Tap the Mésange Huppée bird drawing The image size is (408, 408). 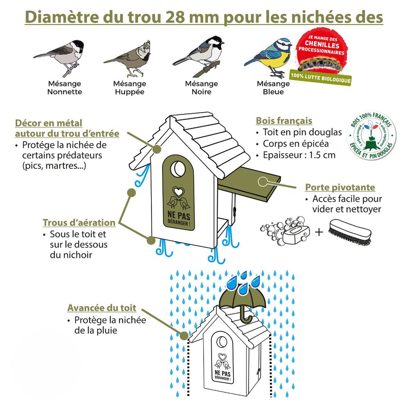click(x=128, y=59)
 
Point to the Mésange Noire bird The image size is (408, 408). click(x=199, y=56)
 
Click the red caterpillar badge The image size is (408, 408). click(x=322, y=51)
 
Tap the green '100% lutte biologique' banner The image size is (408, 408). click(x=321, y=77)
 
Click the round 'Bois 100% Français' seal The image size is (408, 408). click(x=371, y=135)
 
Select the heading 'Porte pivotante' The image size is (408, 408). click(x=340, y=187)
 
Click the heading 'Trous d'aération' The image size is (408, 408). click(x=79, y=223)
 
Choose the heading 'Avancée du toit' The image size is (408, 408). click(x=102, y=308)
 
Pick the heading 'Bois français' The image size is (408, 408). click(x=284, y=121)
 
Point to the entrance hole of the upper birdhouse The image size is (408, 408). click(x=178, y=169)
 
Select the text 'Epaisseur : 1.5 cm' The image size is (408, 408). click(x=299, y=155)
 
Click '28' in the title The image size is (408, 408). click(x=175, y=17)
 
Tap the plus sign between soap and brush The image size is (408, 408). click(x=319, y=231)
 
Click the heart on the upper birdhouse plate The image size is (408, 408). click(x=178, y=192)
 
